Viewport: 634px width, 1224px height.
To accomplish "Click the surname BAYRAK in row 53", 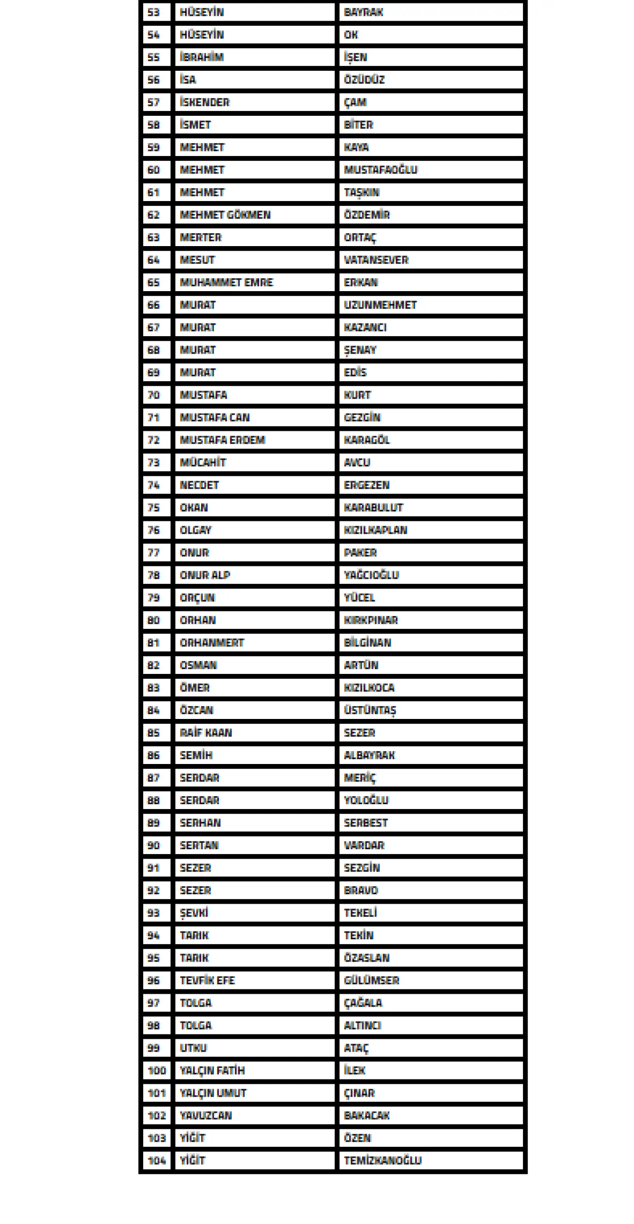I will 364,12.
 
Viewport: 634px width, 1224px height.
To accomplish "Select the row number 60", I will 154,170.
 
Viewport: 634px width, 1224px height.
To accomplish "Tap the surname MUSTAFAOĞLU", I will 380,170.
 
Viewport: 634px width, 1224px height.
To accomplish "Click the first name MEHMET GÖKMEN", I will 225,215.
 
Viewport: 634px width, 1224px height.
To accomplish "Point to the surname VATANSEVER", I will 376,260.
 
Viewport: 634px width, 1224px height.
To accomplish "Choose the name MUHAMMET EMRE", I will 226,282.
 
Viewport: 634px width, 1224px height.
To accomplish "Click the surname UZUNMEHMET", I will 380,305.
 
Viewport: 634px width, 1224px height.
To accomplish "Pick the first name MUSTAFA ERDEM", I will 222,440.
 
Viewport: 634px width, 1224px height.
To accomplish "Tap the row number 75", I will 154,508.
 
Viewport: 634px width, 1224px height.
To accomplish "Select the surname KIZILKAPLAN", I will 375,530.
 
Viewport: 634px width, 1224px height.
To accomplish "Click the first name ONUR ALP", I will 205,575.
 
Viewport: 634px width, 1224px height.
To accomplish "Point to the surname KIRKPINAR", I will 370,620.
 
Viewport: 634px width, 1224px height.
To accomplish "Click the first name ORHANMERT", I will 212,643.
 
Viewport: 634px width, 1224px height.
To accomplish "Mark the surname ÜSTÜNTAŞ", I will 370,710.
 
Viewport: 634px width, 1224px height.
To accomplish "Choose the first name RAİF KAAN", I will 206,732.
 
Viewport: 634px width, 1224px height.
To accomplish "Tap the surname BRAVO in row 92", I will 361,890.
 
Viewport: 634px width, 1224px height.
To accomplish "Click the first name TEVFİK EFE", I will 207,980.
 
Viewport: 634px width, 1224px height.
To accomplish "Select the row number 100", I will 157,1071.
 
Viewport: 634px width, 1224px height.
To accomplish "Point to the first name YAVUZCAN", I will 206,1116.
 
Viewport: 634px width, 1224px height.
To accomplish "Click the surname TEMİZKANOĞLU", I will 382,1161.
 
